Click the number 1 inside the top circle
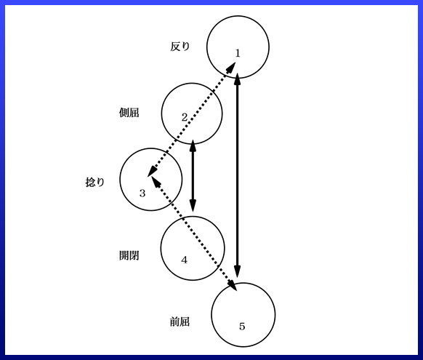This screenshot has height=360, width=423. [238, 53]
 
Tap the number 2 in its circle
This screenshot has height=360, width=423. [185, 117]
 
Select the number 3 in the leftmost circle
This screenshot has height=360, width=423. [142, 193]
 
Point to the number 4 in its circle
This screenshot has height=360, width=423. [185, 260]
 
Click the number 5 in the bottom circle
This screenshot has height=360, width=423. [242, 327]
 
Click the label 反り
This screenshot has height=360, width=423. [180, 47]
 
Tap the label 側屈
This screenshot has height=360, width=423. [129, 112]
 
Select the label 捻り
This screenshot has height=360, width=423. [95, 182]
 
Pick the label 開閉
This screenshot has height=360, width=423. [129, 255]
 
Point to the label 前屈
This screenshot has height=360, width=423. [180, 321]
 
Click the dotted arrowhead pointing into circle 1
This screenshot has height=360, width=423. [231, 68]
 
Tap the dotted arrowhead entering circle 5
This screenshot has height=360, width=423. [233, 285]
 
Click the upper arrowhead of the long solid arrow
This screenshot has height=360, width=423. [238, 79]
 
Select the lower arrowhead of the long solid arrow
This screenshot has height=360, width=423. [238, 271]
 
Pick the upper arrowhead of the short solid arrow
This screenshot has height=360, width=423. [193, 145]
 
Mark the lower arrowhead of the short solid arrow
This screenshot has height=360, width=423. [193, 206]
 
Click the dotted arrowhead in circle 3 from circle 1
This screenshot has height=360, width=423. [153, 172]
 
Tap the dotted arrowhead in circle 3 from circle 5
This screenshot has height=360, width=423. [156, 181]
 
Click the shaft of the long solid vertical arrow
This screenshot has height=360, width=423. [238, 175]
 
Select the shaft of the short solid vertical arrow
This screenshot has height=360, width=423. [193, 176]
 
